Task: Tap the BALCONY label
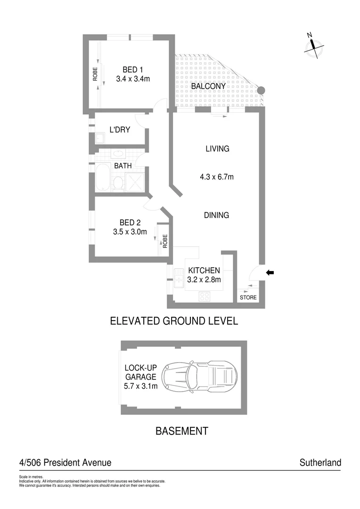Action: coord(208,87)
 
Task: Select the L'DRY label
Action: coord(120,130)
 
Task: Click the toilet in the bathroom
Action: coord(118,183)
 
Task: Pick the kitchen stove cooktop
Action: coord(205,296)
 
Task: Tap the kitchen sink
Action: coord(179,278)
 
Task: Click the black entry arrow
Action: coord(270,272)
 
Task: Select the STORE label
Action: coord(248,298)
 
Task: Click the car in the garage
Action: coord(199,377)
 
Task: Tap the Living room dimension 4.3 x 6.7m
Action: coord(217,178)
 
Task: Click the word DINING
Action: coord(216,215)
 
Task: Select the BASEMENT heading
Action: coord(181,431)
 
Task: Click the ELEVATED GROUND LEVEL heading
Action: coord(174,321)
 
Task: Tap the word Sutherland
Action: coord(320,463)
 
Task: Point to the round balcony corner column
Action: coord(261,90)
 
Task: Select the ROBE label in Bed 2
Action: coord(165,241)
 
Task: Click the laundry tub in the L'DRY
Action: coord(99,139)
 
